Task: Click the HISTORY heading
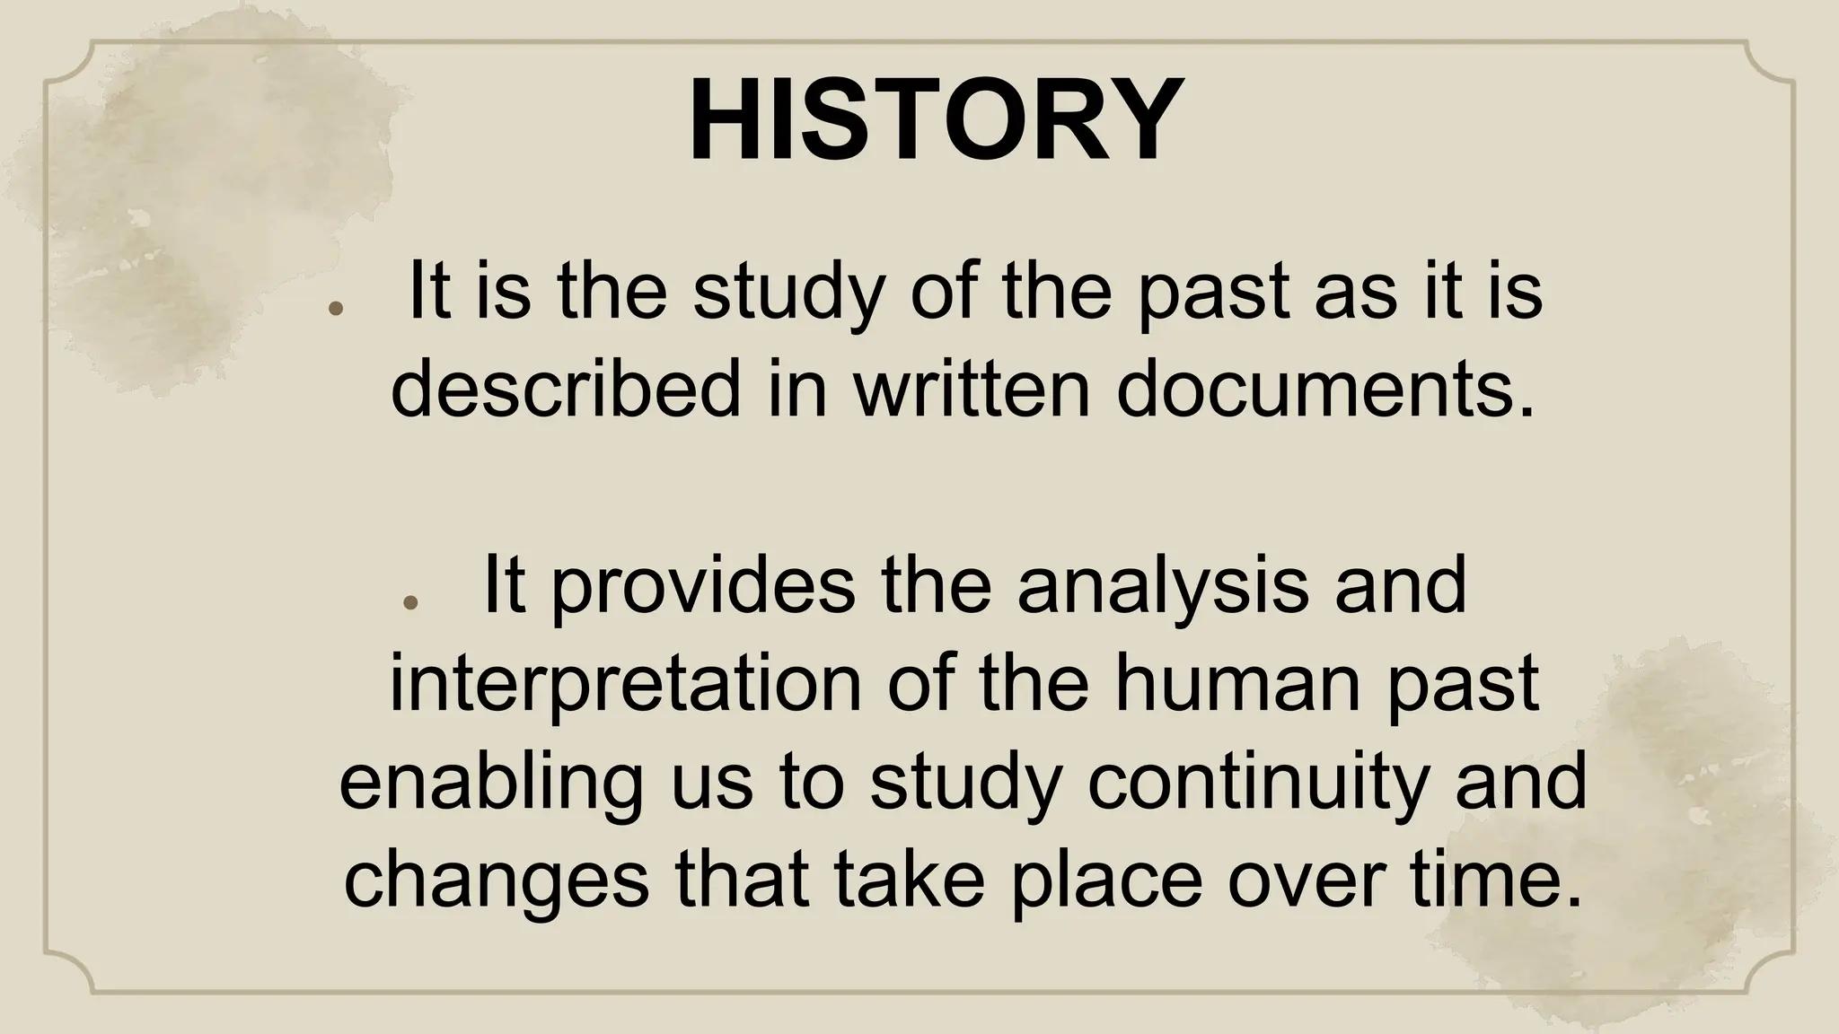[x=933, y=121]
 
